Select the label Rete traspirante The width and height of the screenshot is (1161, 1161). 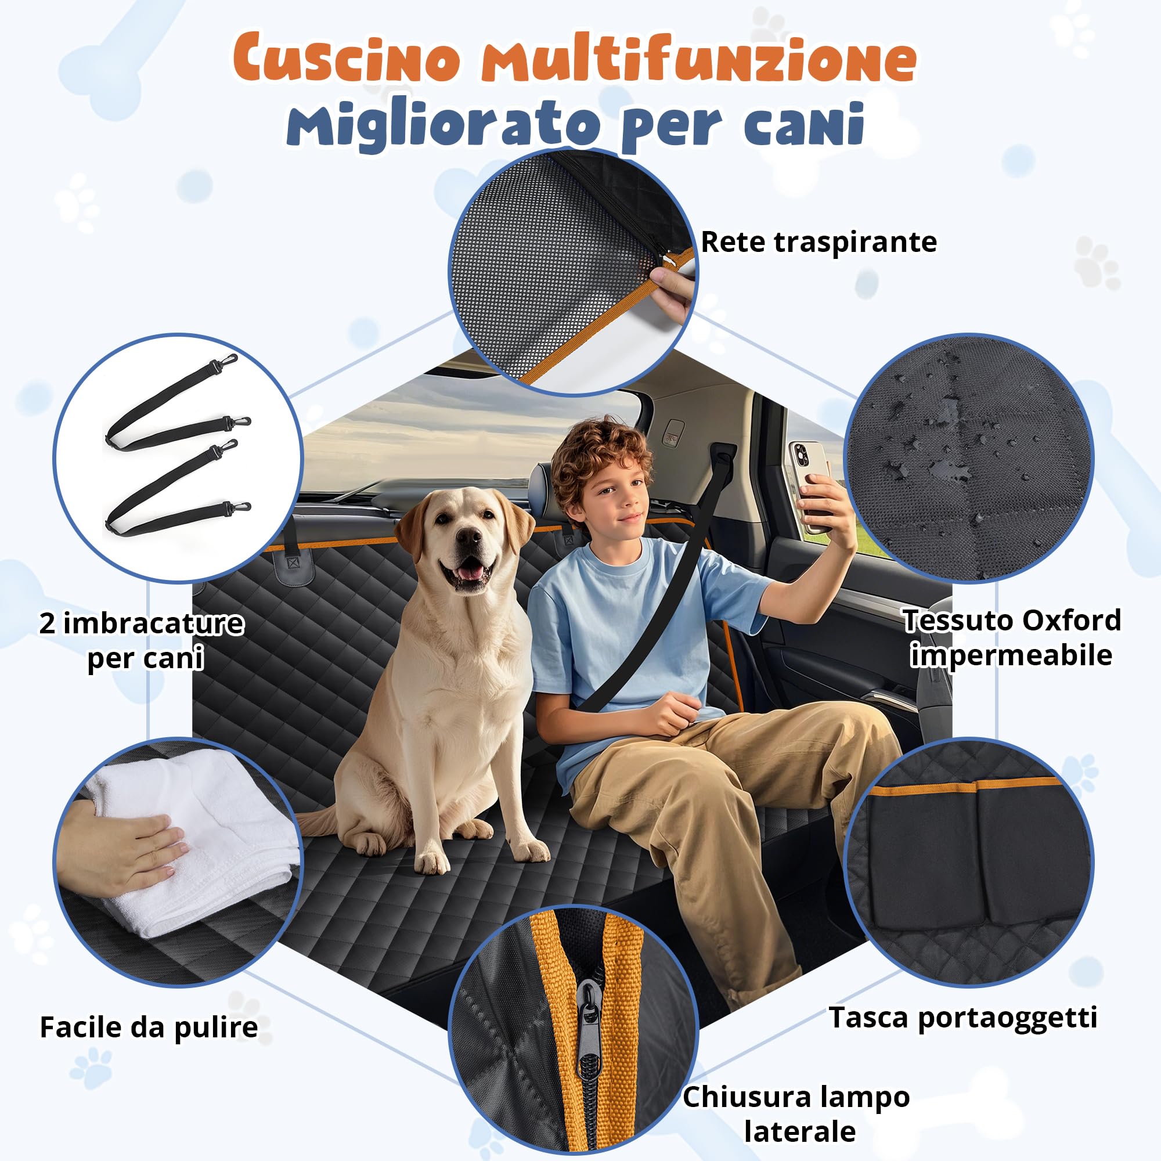(819, 242)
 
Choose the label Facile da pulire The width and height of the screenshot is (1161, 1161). (149, 1027)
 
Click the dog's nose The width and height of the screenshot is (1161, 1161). (467, 538)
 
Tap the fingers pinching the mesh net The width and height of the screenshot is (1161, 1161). (673, 287)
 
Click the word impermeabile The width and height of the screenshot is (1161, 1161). (1011, 655)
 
